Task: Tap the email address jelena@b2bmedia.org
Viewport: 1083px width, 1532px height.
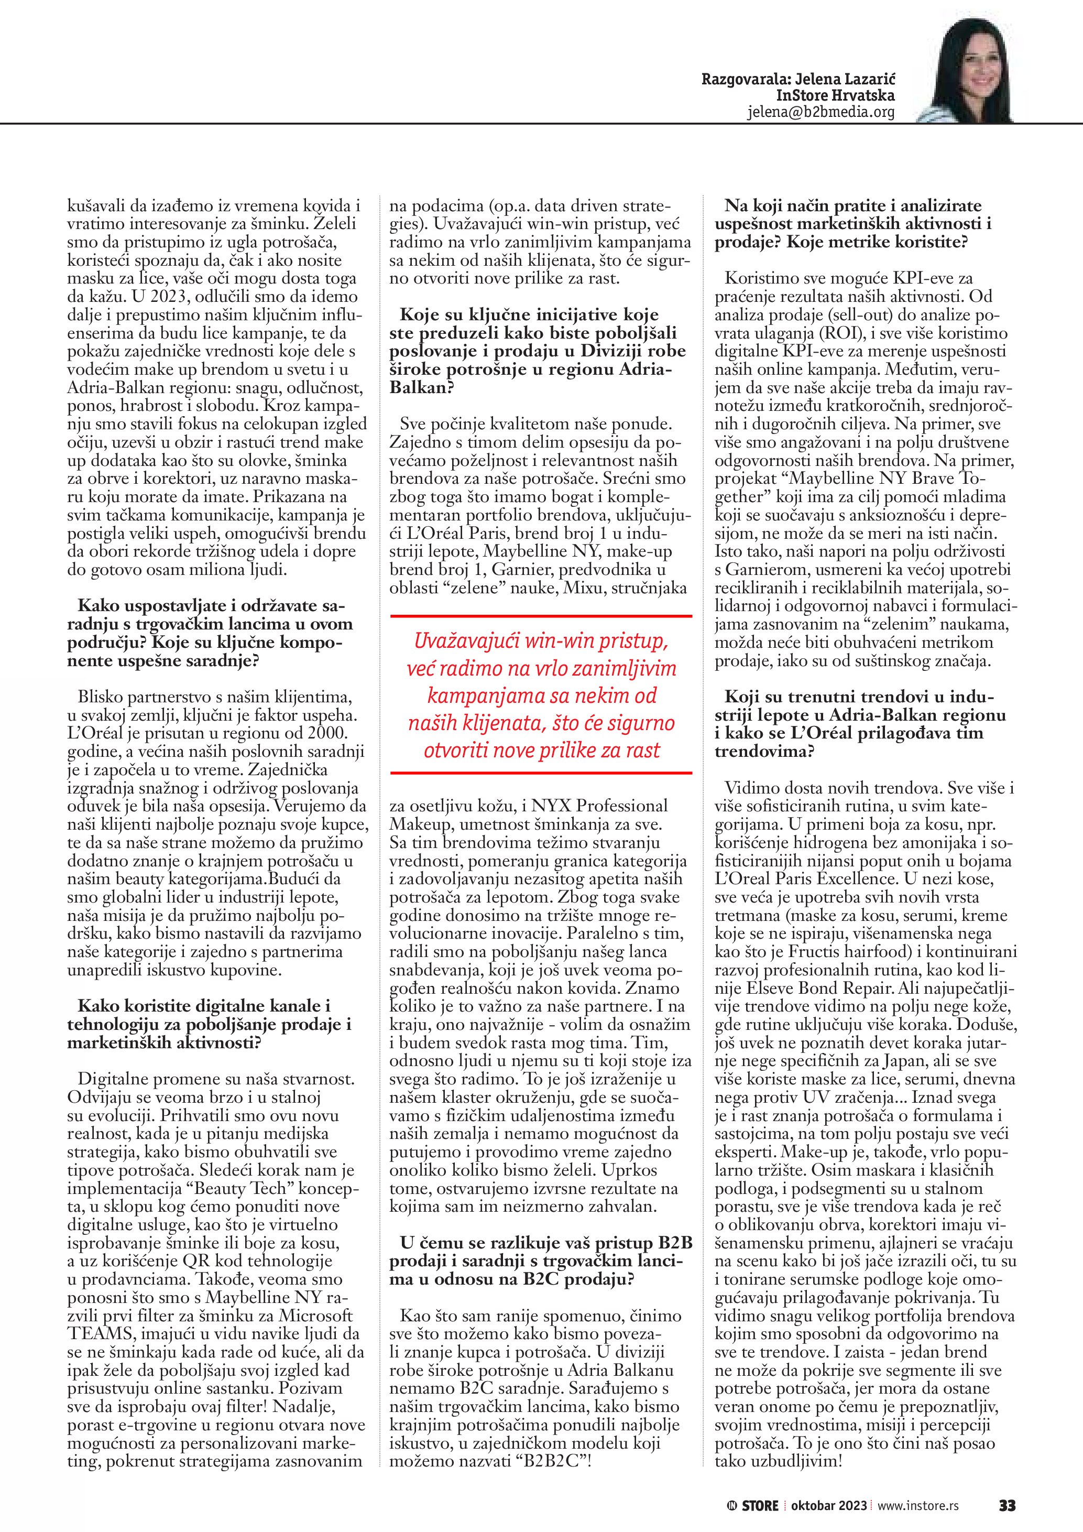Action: (x=821, y=112)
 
